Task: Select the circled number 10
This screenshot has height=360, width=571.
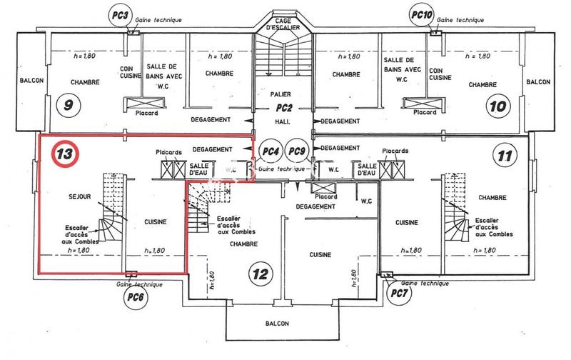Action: click(x=497, y=106)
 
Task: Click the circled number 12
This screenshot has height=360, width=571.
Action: click(x=261, y=273)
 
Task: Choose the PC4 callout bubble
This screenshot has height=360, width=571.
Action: click(x=269, y=151)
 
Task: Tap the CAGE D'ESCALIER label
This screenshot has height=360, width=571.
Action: click(x=284, y=24)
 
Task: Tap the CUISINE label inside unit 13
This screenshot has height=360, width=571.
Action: click(x=154, y=222)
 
